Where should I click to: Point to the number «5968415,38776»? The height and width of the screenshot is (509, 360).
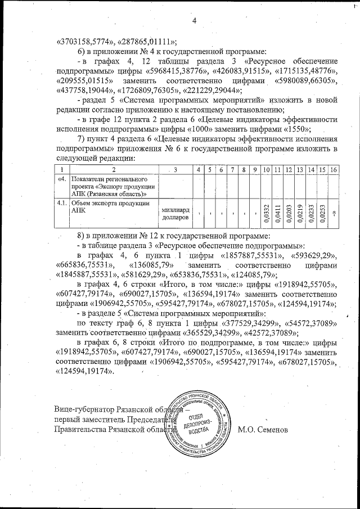(x=177, y=71)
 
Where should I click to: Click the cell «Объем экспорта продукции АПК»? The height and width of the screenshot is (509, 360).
(x=110, y=208)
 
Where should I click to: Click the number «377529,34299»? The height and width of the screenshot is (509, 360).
(x=246, y=323)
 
